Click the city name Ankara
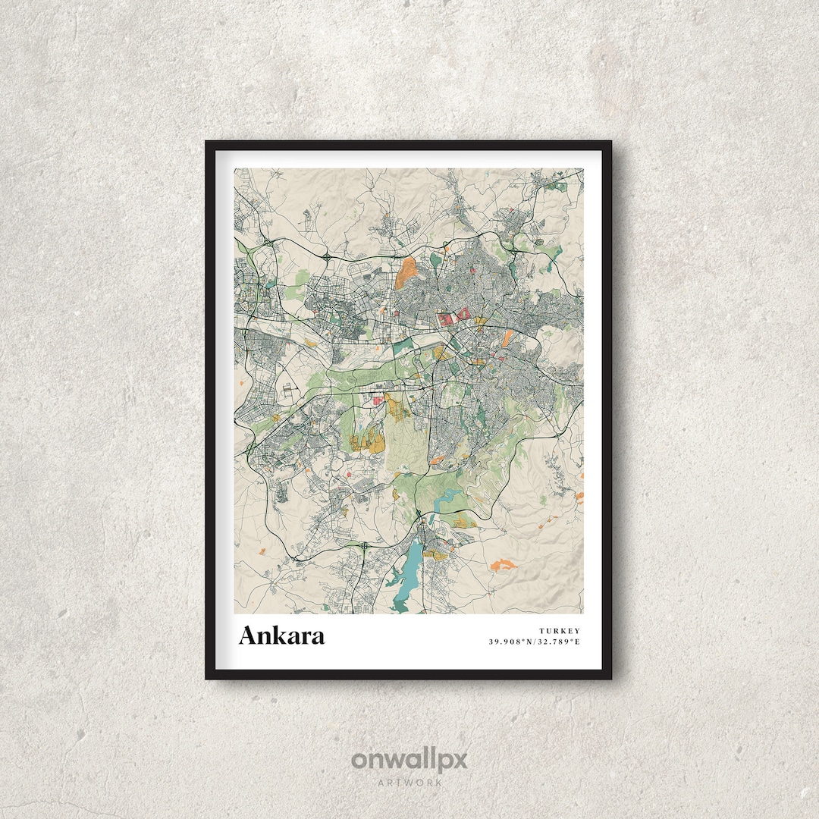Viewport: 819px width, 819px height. [x=281, y=635]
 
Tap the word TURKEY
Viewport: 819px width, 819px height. [x=560, y=631]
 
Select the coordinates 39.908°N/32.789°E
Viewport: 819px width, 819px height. [x=534, y=642]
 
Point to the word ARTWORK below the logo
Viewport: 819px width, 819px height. [x=409, y=782]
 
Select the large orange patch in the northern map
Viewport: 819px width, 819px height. [x=406, y=272]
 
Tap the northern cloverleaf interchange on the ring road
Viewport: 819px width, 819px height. [x=326, y=258]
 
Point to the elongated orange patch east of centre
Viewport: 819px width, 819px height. [x=439, y=352]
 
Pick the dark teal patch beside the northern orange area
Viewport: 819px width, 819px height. [x=435, y=260]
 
